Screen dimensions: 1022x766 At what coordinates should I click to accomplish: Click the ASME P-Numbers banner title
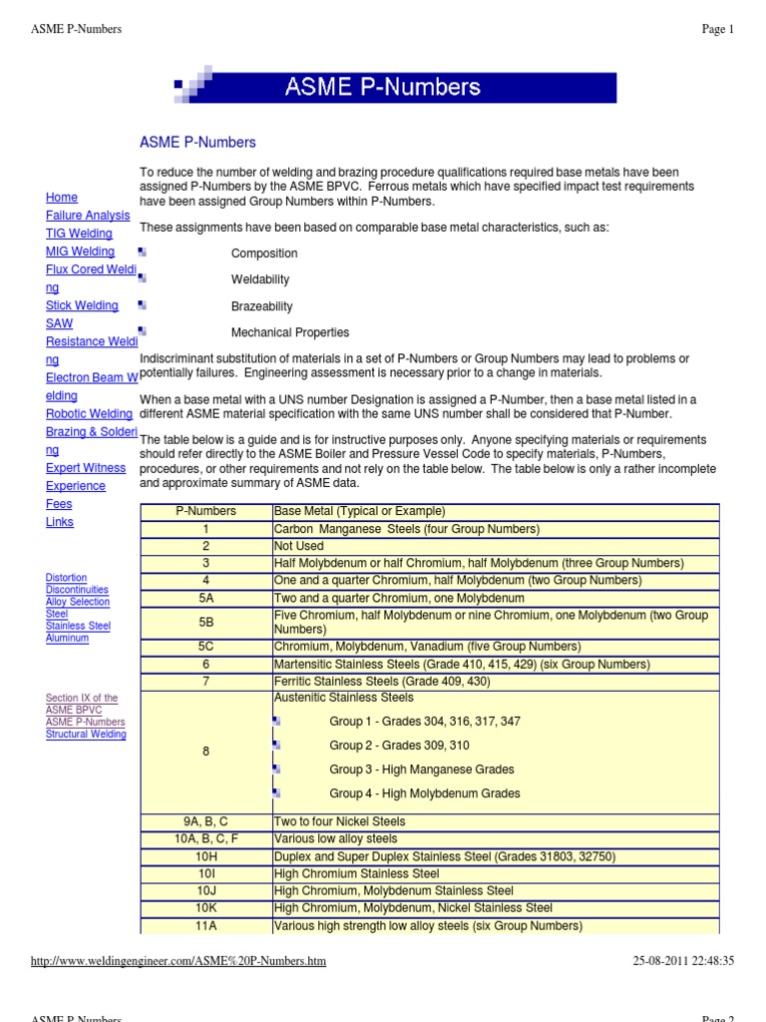(384, 87)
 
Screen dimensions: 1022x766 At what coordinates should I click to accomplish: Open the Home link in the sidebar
(62, 198)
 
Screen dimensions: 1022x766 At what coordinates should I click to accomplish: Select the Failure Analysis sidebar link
(88, 216)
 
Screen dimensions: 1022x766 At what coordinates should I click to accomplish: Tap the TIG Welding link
(79, 234)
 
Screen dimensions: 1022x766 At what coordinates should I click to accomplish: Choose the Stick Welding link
(82, 305)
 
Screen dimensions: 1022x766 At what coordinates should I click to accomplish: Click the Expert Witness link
(86, 468)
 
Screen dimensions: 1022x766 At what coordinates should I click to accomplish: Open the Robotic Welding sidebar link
(89, 414)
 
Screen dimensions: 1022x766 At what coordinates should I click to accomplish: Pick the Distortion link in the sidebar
(66, 578)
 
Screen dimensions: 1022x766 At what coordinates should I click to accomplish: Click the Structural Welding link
(86, 735)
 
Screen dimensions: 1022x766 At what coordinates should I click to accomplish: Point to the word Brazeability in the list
(262, 306)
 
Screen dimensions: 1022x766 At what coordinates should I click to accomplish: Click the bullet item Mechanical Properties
(290, 332)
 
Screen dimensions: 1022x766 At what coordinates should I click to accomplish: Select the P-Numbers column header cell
(205, 511)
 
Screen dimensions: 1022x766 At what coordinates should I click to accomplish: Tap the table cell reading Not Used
(299, 546)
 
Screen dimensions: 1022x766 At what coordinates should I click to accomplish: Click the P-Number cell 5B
(205, 623)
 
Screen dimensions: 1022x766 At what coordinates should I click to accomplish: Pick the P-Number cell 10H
(205, 856)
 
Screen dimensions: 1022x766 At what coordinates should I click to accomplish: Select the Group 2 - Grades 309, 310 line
(399, 746)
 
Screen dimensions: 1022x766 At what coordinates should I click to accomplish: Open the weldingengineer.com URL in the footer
(179, 961)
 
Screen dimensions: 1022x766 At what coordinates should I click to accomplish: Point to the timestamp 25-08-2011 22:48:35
(683, 961)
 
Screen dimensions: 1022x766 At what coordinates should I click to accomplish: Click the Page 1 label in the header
(717, 30)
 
